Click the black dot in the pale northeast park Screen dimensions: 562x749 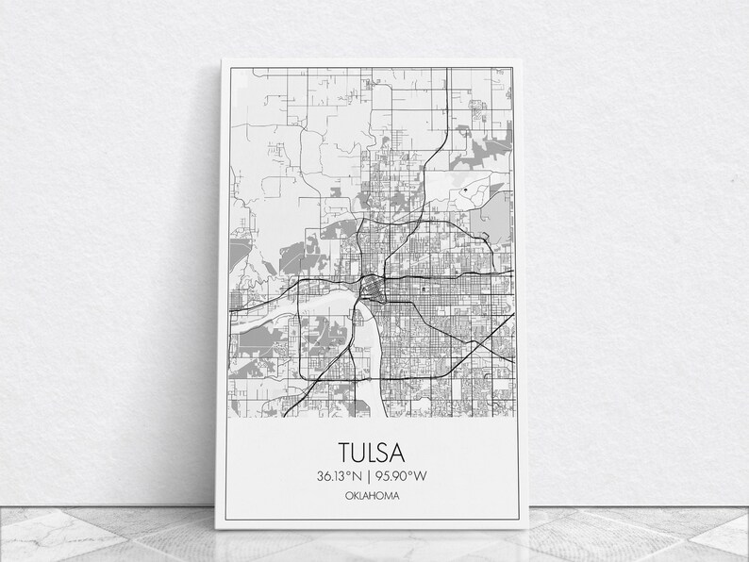click(465, 191)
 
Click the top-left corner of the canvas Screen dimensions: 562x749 click(223, 59)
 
